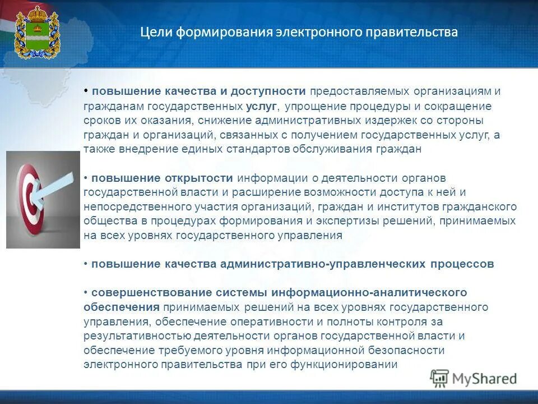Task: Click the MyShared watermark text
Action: coord(484,378)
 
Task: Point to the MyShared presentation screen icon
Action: coord(439,378)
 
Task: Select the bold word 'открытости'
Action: coord(198,178)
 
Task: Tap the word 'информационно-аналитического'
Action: coord(369,293)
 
